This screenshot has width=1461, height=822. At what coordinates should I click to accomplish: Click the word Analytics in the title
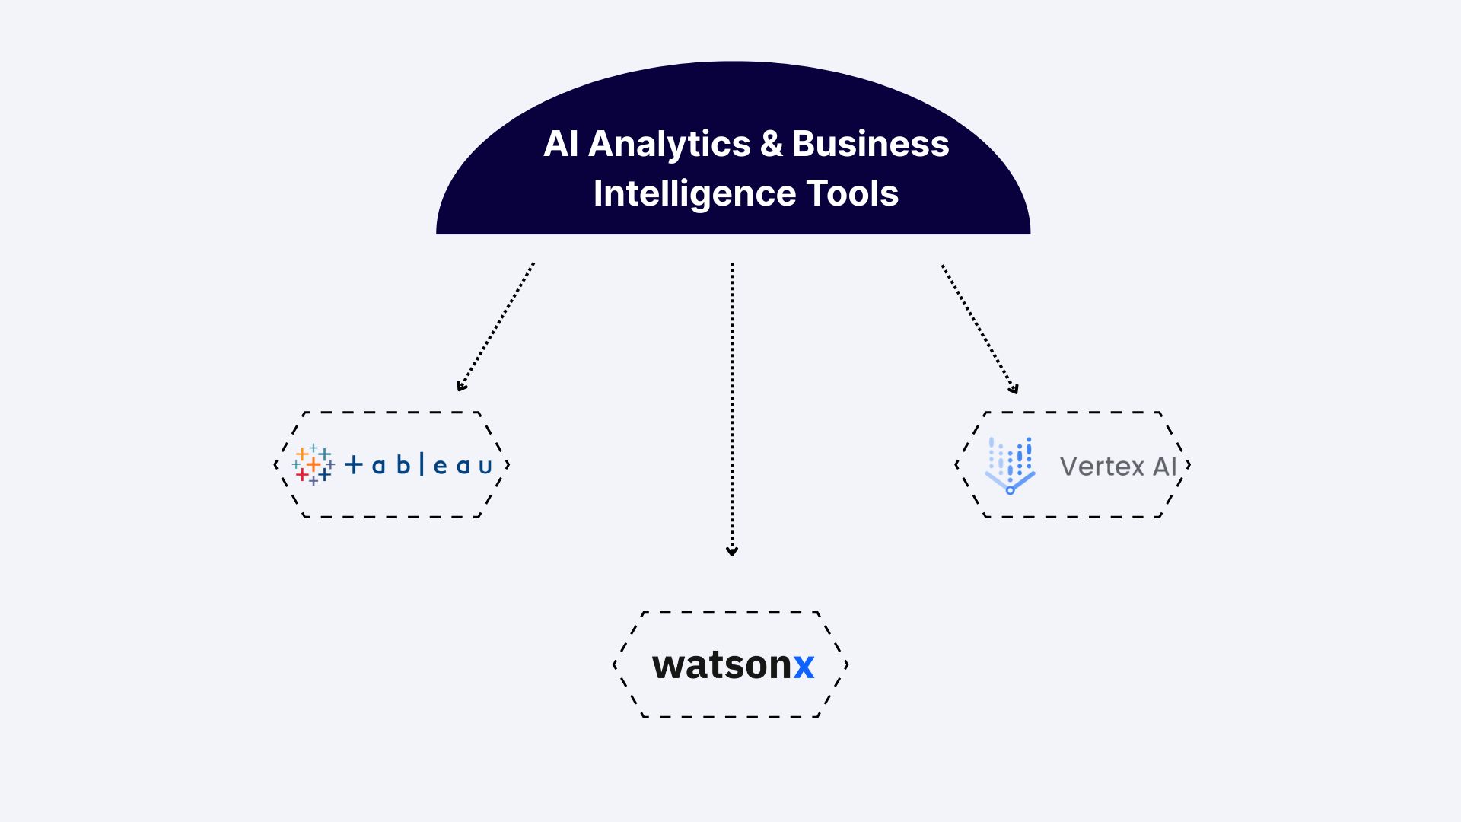pyautogui.click(x=670, y=145)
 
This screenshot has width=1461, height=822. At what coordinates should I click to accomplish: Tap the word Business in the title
pyautogui.click(x=870, y=144)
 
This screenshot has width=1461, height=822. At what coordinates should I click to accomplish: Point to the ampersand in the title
pyautogui.click(x=771, y=144)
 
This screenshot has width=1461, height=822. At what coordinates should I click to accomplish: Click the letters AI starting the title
pyautogui.click(x=561, y=144)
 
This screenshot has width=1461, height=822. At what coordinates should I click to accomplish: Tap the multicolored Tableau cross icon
pyautogui.click(x=313, y=465)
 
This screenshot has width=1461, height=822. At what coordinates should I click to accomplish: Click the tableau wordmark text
pyautogui.click(x=419, y=465)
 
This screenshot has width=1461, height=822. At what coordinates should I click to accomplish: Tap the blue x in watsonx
pyautogui.click(x=804, y=666)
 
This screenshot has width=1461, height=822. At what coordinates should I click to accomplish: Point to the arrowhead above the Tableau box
pyautogui.click(x=461, y=387)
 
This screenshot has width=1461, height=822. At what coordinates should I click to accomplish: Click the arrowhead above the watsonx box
pyautogui.click(x=732, y=551)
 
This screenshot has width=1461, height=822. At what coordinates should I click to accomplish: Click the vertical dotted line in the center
pyautogui.click(x=732, y=403)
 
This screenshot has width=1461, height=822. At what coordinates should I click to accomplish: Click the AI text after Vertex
pyautogui.click(x=1164, y=466)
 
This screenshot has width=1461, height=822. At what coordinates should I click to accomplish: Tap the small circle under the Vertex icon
pyautogui.click(x=1010, y=491)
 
